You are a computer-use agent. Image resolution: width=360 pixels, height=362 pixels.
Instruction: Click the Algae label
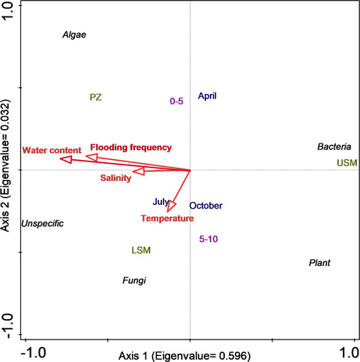click(74, 35)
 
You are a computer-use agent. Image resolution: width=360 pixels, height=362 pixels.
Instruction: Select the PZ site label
click(95, 98)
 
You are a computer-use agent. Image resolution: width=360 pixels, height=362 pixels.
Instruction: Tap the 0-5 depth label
click(177, 101)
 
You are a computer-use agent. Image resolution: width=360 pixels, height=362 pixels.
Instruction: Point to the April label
click(208, 96)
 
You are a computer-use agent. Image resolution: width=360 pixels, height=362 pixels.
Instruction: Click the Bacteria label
click(334, 147)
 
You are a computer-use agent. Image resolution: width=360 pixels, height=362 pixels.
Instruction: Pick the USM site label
click(346, 163)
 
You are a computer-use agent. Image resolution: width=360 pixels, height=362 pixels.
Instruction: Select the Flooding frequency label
click(130, 147)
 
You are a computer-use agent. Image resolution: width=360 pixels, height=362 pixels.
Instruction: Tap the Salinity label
click(115, 178)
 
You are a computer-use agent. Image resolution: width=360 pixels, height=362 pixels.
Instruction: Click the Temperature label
click(166, 219)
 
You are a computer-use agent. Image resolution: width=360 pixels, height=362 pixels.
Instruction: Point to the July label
click(160, 202)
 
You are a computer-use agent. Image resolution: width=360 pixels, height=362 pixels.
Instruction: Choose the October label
click(205, 206)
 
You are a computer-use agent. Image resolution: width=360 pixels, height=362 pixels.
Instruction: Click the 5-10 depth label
click(211, 240)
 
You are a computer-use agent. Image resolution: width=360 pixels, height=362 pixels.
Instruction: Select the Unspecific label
click(42, 224)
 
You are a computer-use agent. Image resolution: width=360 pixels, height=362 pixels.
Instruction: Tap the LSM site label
click(140, 249)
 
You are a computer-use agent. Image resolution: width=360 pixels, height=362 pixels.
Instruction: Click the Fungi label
click(133, 281)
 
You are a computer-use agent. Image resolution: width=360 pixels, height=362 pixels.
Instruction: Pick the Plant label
click(319, 264)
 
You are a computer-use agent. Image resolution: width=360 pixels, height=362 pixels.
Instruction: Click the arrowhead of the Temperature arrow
click(172, 205)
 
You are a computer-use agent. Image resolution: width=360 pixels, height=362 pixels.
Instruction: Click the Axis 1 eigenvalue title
click(189, 354)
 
